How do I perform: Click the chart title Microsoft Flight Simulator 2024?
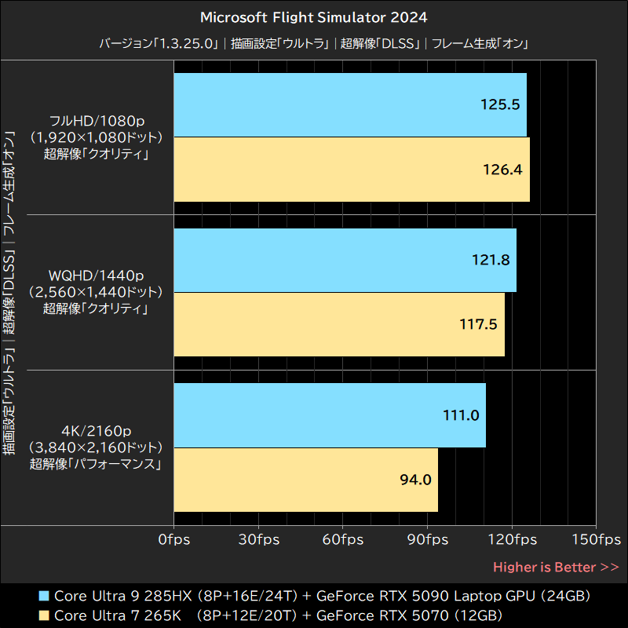point(314,16)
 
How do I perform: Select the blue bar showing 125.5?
point(349,104)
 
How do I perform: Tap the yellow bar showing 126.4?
point(351,170)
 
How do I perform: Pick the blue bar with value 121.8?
point(345,260)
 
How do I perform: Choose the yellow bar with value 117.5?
point(338,324)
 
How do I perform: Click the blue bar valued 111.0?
point(329,415)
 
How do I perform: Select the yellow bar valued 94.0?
point(305,480)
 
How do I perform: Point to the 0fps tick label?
point(173,540)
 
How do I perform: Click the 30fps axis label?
point(257,540)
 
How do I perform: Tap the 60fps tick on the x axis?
point(342,540)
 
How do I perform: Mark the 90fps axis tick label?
point(427,540)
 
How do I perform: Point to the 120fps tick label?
point(512,540)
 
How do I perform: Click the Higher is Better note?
point(556,567)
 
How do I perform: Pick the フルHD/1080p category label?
point(97,121)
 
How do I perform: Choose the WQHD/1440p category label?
point(97,276)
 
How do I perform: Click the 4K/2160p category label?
point(97,430)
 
